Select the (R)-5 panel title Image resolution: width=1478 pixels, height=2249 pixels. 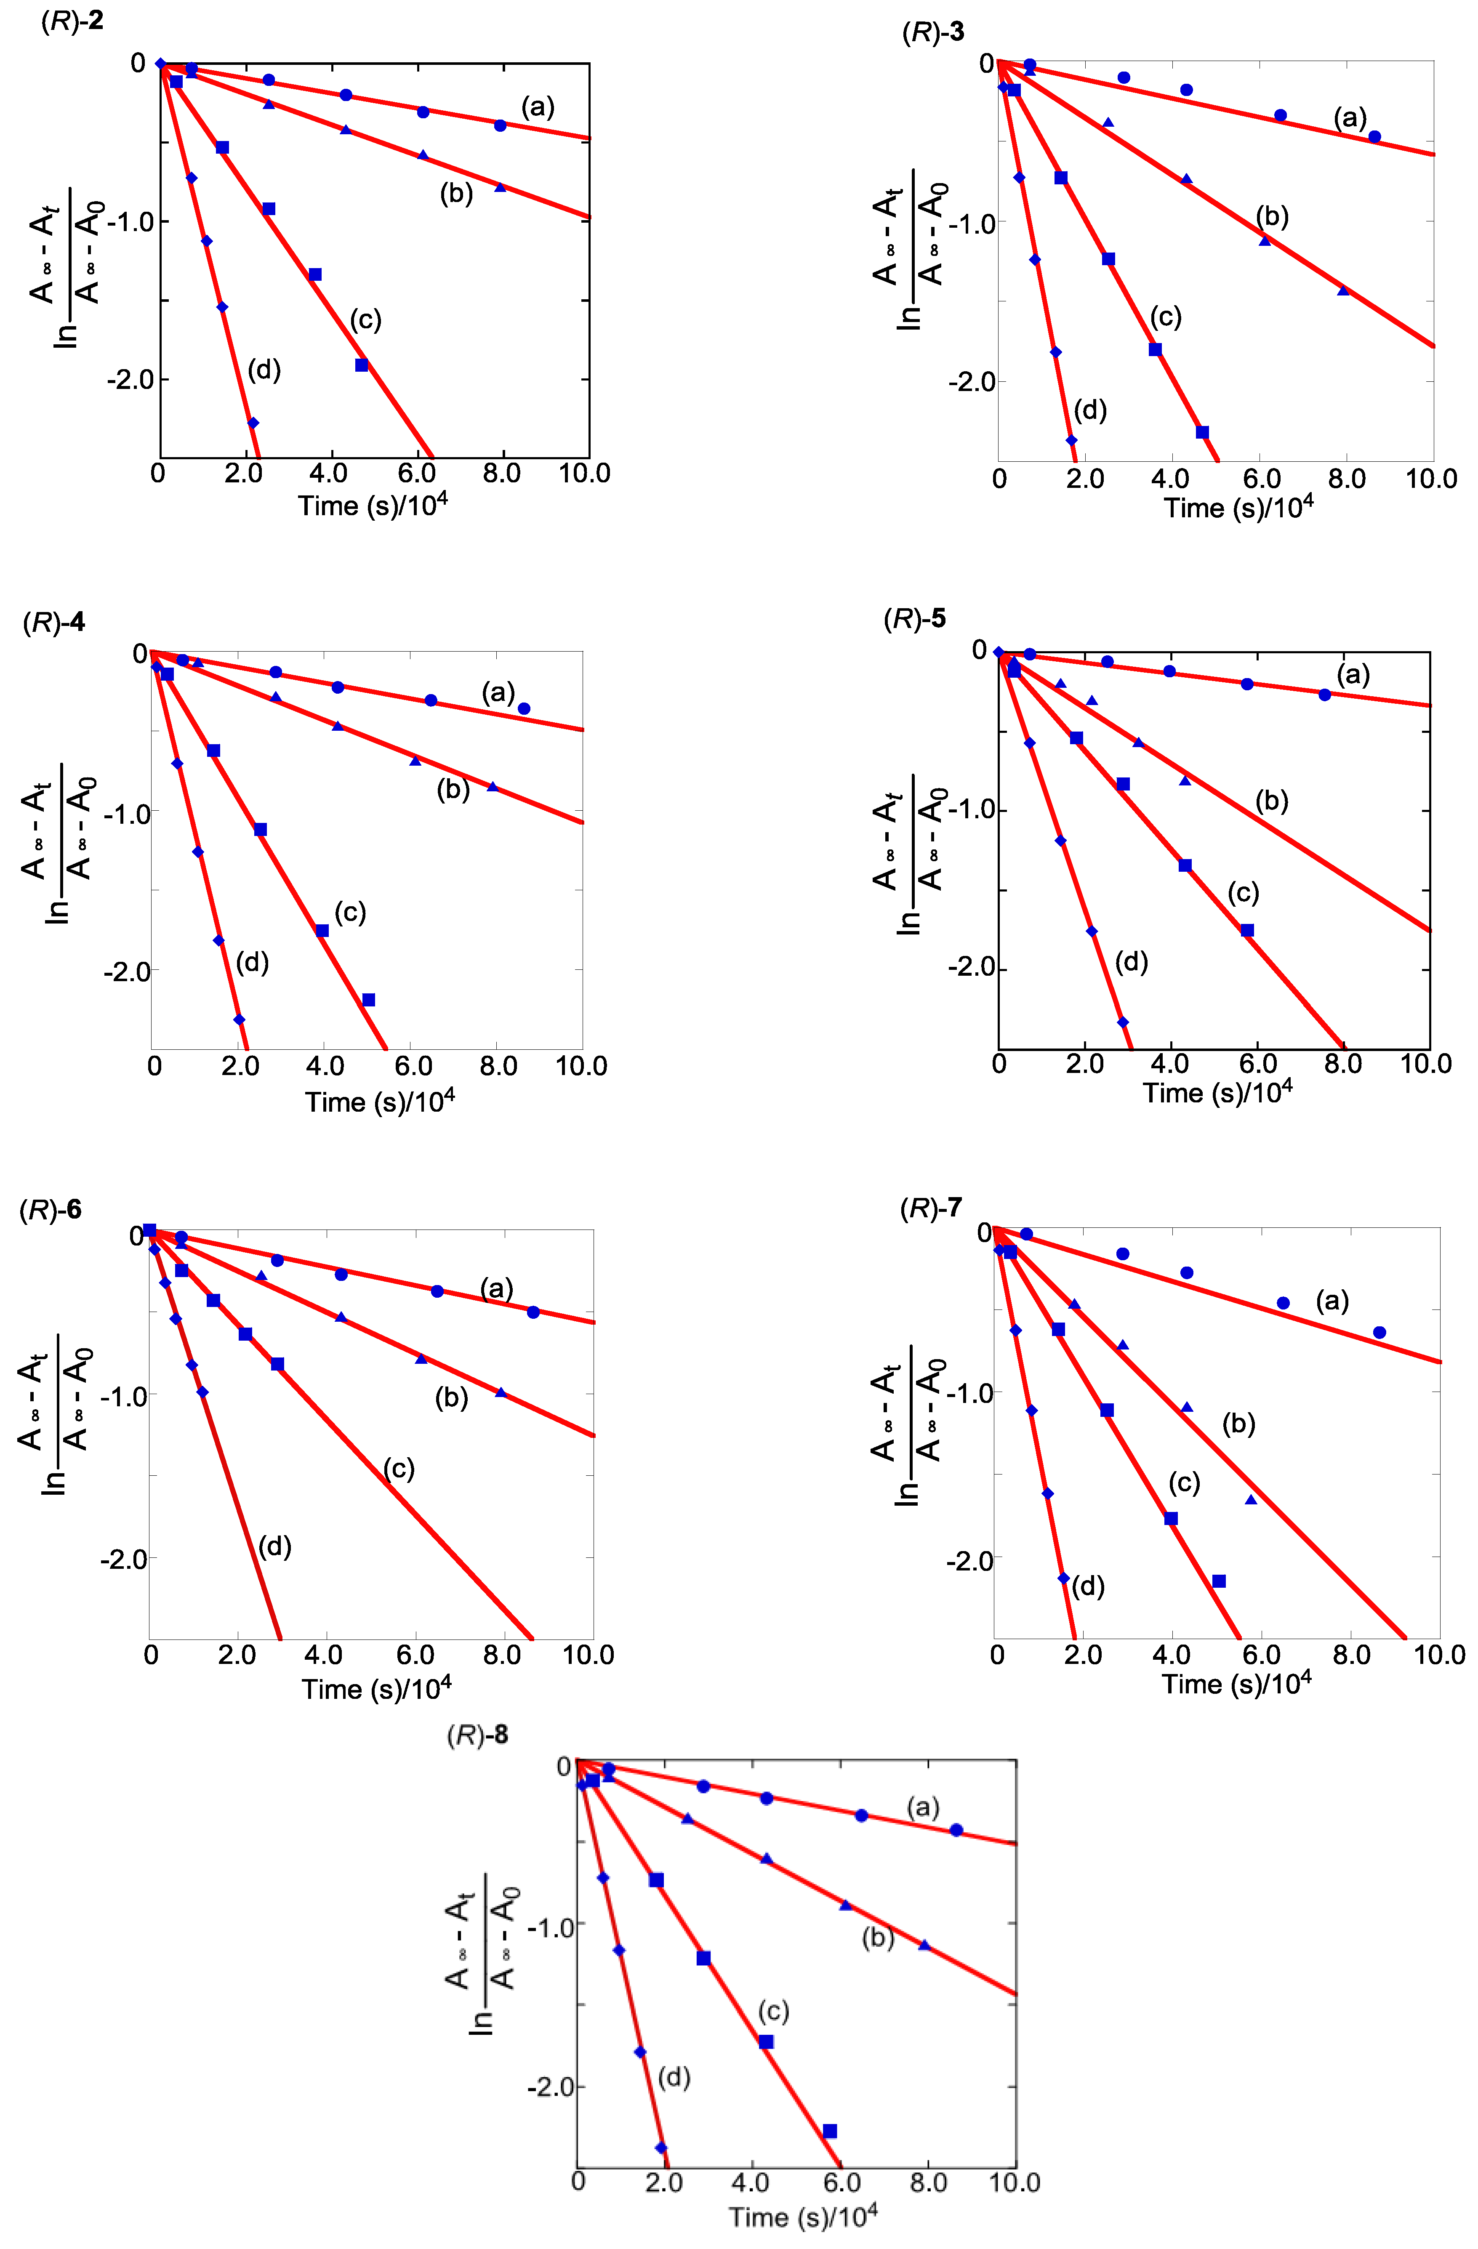(x=914, y=619)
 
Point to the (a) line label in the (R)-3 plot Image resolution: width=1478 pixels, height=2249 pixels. (x=1350, y=118)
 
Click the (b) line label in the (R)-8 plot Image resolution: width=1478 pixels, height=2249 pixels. (x=877, y=1938)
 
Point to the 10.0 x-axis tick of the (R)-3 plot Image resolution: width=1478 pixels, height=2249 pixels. (x=1431, y=479)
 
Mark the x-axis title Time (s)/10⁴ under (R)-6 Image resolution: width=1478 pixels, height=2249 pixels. (x=376, y=1687)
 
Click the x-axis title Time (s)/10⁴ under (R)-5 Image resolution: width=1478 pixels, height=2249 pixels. (x=1217, y=1093)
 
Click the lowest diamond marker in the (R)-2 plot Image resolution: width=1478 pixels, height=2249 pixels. (x=252, y=422)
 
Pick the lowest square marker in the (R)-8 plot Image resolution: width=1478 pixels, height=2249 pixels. (x=830, y=2131)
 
